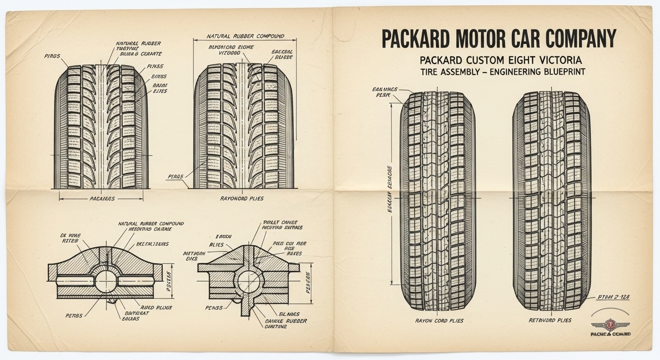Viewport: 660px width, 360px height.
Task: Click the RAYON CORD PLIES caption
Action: click(x=439, y=321)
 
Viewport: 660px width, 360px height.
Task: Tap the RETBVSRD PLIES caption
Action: click(x=550, y=320)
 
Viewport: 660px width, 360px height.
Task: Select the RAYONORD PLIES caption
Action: click(x=241, y=198)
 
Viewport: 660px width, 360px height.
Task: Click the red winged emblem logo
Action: click(x=610, y=323)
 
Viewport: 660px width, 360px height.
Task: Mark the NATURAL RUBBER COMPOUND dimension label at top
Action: click(x=245, y=36)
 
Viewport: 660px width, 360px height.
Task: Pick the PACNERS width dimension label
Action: click(x=102, y=198)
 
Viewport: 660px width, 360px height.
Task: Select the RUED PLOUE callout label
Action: click(x=157, y=307)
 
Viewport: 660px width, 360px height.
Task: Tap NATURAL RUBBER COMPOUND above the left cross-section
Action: click(x=151, y=224)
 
